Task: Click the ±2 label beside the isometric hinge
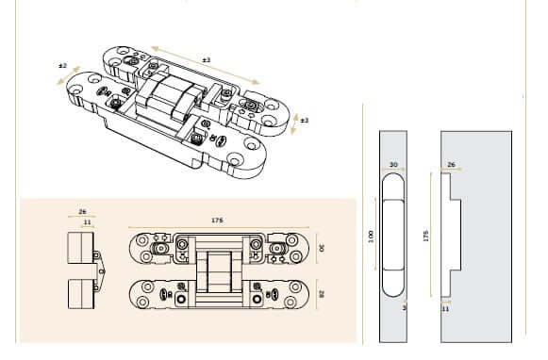tap(62, 66)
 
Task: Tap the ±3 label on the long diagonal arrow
tap(207, 60)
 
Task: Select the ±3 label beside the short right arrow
tap(305, 121)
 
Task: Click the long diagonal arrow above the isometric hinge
tap(206, 66)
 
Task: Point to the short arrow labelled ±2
tap(69, 75)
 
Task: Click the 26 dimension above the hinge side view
tap(82, 212)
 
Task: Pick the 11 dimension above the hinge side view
tap(88, 222)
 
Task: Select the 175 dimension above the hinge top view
tap(217, 221)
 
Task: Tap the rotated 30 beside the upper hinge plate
tap(322, 248)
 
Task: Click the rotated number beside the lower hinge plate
tap(322, 294)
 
